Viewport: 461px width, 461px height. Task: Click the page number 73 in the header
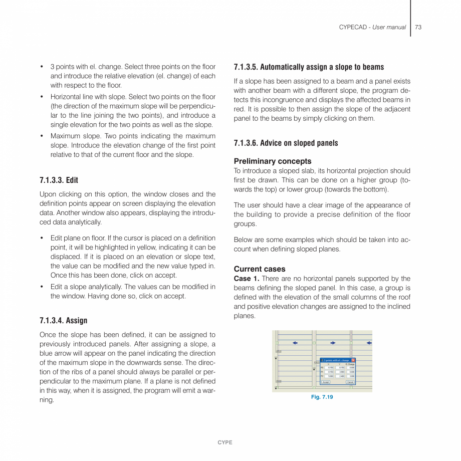[x=418, y=27]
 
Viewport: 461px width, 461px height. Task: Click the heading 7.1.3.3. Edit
[x=59, y=180]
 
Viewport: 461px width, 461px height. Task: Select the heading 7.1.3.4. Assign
[x=63, y=320]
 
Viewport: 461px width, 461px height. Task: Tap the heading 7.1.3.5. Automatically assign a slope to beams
[x=309, y=67]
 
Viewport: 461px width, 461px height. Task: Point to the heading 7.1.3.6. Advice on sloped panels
[x=286, y=143]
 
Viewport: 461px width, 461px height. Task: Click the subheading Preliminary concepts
[x=272, y=161]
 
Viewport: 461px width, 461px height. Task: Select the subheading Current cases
[x=259, y=269]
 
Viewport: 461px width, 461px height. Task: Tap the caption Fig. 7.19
[x=322, y=397]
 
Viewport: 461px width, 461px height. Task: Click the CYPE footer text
[x=224, y=442]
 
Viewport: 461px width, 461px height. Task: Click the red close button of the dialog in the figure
[x=353, y=360]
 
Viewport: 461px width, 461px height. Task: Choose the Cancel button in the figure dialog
[x=350, y=382]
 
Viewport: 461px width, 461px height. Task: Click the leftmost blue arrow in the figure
[x=295, y=343]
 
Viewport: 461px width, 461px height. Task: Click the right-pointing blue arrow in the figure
[x=333, y=343]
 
